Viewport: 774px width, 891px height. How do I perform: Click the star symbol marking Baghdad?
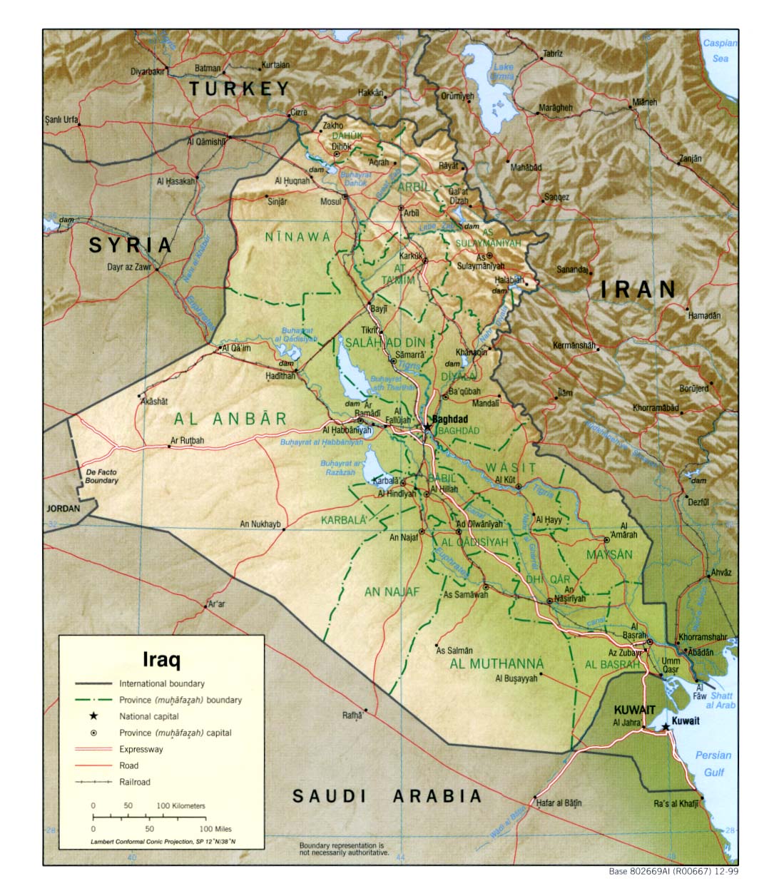[x=427, y=427]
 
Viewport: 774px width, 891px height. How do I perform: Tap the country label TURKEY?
[x=240, y=88]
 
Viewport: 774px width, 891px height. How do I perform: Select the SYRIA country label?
[x=131, y=245]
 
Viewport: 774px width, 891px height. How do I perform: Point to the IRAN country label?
[x=638, y=289]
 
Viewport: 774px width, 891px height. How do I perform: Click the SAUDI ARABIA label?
[x=387, y=796]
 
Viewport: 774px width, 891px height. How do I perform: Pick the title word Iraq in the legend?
[x=161, y=658]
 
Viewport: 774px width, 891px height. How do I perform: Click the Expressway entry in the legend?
[x=141, y=749]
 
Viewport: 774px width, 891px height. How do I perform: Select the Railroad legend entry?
[x=135, y=782]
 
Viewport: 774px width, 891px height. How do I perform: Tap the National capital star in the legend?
[x=93, y=716]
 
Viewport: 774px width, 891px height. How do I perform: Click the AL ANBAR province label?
[x=230, y=419]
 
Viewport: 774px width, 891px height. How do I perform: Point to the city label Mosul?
[x=330, y=202]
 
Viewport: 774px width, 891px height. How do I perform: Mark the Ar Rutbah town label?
[x=187, y=441]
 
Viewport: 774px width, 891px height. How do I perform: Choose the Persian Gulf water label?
[x=713, y=763]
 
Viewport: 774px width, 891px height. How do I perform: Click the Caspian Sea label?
[x=720, y=51]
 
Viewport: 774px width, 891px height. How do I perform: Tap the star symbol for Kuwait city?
[x=665, y=726]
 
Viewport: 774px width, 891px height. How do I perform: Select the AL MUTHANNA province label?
[x=497, y=664]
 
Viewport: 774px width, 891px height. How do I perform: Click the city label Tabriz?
[x=552, y=54]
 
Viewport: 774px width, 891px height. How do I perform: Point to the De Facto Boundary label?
[x=101, y=477]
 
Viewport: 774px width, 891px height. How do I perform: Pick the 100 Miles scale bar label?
[x=215, y=829]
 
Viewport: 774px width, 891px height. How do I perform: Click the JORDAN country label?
[x=63, y=509]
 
